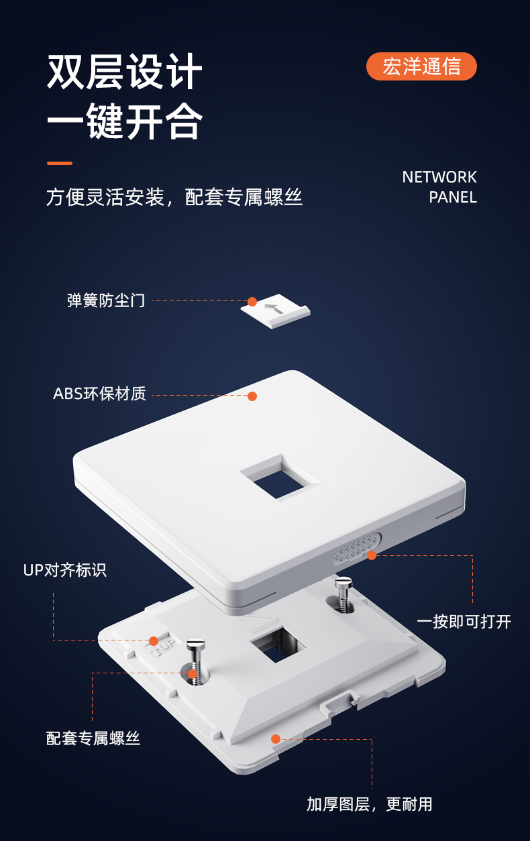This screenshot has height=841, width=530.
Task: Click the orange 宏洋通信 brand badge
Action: coord(421,66)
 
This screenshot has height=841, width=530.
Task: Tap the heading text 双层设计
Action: coord(125,72)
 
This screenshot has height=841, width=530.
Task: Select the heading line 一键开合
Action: coord(125,121)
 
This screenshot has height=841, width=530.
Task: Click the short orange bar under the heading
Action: coord(60,164)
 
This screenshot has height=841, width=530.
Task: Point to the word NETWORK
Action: coord(439,177)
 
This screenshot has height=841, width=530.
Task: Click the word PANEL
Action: coord(453,197)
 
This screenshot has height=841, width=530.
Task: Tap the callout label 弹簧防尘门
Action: coord(106,300)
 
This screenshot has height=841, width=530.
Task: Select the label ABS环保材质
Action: coord(99,394)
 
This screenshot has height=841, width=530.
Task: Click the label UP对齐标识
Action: coord(65,570)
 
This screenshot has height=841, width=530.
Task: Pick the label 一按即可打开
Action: coord(464,622)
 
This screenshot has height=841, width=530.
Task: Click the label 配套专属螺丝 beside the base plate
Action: coord(93,738)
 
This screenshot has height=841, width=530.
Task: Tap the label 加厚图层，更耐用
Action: coord(370,804)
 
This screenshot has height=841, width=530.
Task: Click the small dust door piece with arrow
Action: coord(275,311)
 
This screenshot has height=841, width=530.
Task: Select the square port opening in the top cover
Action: coord(280,478)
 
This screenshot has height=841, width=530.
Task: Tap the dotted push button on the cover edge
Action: coord(357,549)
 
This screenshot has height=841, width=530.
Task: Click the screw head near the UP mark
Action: coord(196,644)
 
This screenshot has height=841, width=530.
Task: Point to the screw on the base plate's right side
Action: coord(343,594)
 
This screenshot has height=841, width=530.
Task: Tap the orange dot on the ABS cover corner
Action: coord(252,396)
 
